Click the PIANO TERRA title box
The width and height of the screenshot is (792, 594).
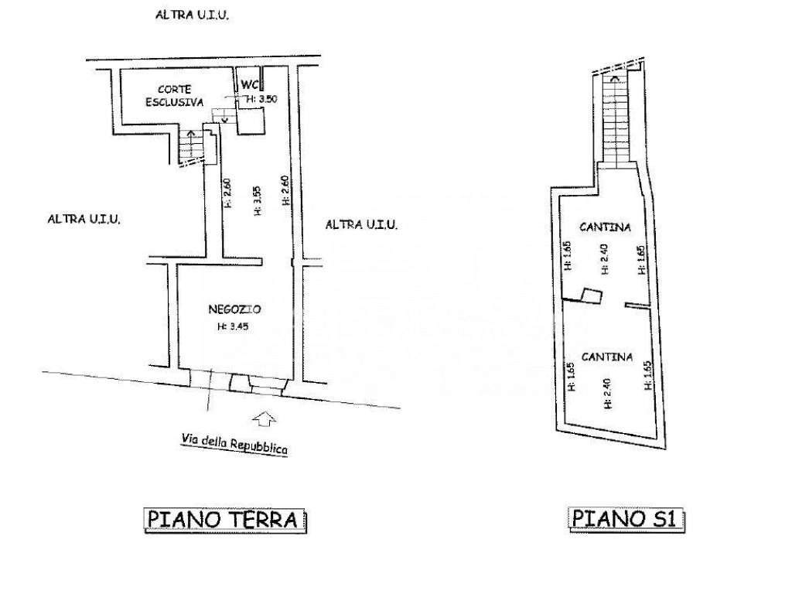click(x=225, y=520)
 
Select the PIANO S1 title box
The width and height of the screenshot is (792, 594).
click(x=626, y=519)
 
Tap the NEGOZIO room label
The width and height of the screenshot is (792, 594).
click(x=234, y=309)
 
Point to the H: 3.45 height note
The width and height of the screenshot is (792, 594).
click(x=233, y=326)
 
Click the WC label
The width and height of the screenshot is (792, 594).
click(x=250, y=84)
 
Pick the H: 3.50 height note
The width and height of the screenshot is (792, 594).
click(x=261, y=99)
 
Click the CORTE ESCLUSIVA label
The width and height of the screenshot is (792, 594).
click(x=174, y=95)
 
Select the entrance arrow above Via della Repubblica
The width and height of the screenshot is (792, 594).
click(x=264, y=418)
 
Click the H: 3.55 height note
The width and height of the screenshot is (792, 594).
click(x=257, y=201)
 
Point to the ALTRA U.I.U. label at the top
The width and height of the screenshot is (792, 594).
click(x=192, y=15)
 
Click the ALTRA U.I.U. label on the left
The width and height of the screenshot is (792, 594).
click(x=84, y=219)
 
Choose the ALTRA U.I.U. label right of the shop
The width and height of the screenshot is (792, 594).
click(x=361, y=224)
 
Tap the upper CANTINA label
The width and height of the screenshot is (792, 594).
click(x=605, y=227)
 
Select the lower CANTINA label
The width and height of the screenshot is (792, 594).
click(x=606, y=357)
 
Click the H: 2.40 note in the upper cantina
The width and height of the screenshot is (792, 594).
click(x=605, y=258)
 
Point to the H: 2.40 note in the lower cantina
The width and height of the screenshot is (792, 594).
click(x=607, y=394)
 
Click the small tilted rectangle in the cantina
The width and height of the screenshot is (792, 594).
click(x=592, y=296)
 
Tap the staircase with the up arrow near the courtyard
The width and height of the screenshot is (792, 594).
click(x=191, y=146)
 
